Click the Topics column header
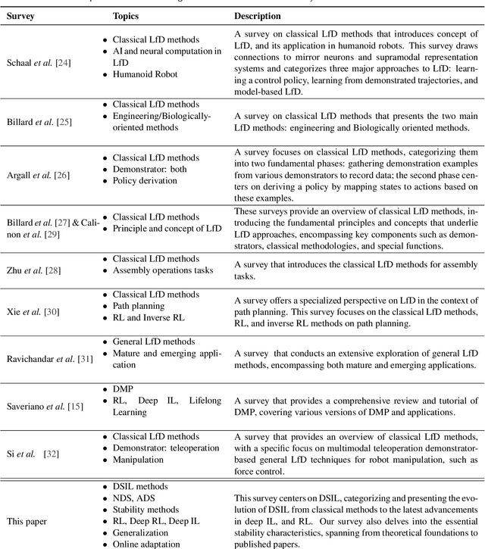126,15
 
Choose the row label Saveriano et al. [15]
42,407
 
